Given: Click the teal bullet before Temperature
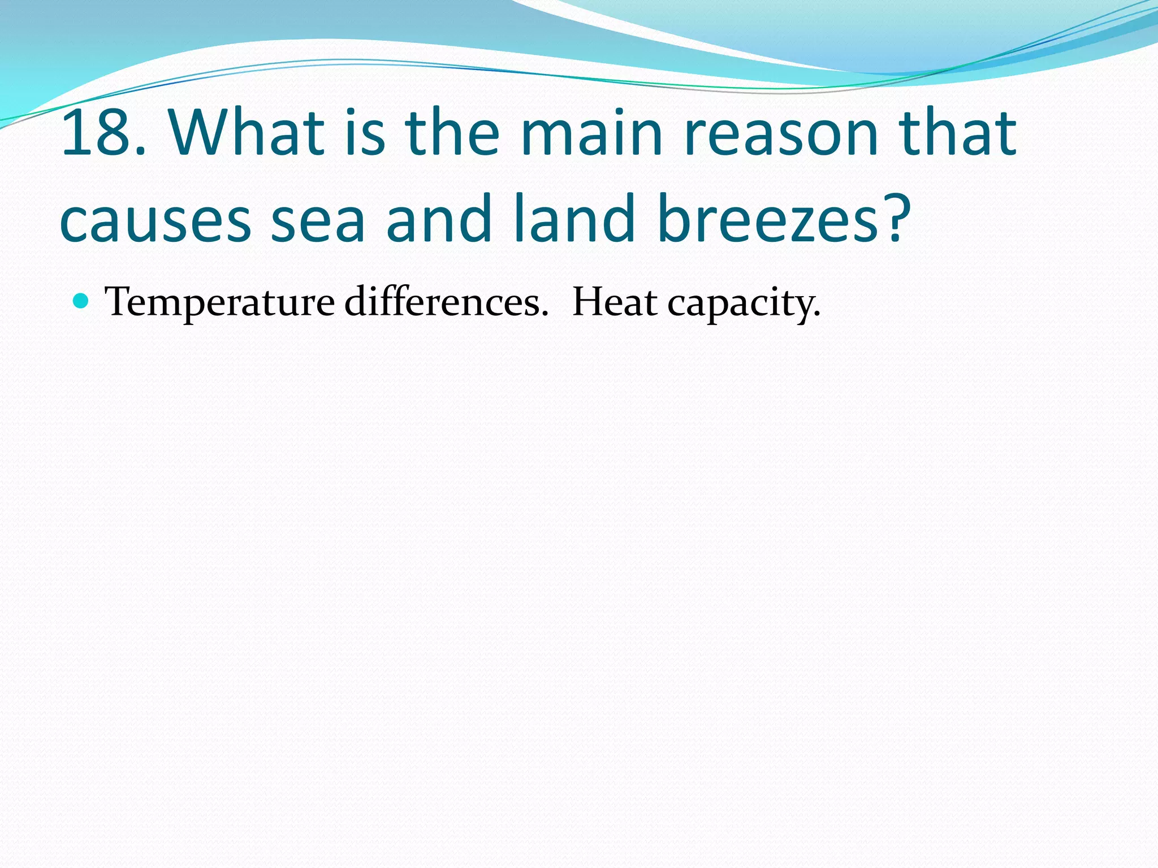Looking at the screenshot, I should point(82,301).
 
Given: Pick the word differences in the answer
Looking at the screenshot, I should point(441,302).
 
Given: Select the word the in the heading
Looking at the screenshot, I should point(452,134).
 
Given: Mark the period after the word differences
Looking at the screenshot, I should point(544,314).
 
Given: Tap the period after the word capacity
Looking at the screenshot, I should point(817,314).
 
